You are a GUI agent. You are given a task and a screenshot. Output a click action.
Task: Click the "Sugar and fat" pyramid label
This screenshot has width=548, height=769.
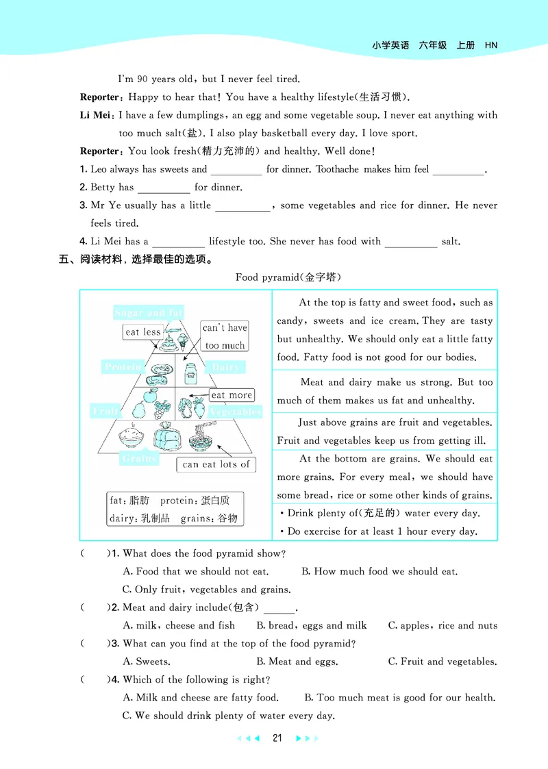149,313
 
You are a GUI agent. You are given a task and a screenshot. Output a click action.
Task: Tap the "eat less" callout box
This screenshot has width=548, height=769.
142,332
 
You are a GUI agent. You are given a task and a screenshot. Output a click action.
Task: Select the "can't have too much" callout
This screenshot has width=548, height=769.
225,336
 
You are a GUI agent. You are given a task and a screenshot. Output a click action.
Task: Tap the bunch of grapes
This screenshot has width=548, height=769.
161,409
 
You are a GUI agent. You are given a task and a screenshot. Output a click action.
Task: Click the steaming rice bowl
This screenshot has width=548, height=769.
131,437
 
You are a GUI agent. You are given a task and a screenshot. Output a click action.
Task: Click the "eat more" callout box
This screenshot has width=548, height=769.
232,395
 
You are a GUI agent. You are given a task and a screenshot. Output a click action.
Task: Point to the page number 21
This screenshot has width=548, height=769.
277,738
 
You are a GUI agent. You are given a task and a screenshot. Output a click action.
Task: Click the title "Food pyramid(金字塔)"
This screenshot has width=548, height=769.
288,277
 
